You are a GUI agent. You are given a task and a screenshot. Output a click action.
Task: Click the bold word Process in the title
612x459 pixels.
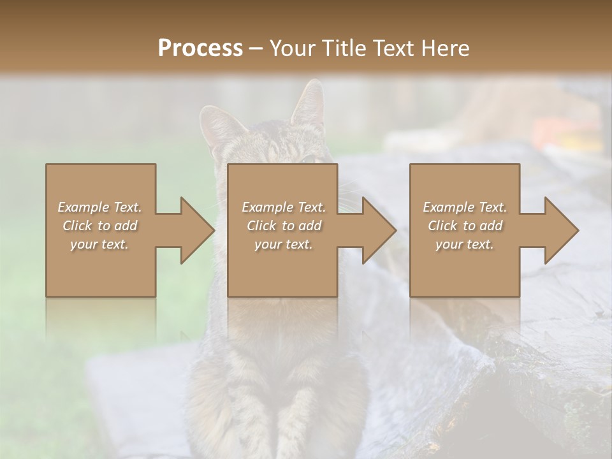pyautogui.click(x=200, y=48)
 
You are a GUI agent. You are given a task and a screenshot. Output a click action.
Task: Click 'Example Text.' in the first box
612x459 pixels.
pyautogui.click(x=99, y=207)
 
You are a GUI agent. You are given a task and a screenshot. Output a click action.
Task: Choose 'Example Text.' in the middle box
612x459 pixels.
pyautogui.click(x=284, y=207)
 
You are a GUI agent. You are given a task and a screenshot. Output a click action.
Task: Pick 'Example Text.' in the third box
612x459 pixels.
pyautogui.click(x=465, y=207)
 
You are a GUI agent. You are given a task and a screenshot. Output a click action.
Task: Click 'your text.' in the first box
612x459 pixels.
pyautogui.click(x=99, y=244)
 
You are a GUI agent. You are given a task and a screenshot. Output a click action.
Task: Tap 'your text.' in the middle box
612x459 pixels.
pyautogui.click(x=284, y=244)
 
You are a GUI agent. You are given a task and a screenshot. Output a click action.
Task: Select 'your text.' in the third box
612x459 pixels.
pyautogui.click(x=465, y=244)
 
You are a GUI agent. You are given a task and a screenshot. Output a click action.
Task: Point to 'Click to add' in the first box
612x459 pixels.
pyautogui.click(x=99, y=226)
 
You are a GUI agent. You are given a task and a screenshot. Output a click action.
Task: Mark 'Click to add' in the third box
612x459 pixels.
pyautogui.click(x=465, y=226)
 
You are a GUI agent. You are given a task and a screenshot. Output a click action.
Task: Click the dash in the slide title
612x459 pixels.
pyautogui.click(x=256, y=48)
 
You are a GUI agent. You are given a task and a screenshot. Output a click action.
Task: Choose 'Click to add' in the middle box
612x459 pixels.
pyautogui.click(x=284, y=226)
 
